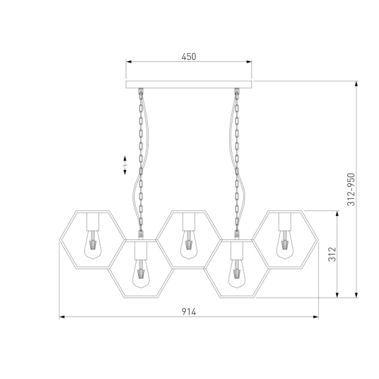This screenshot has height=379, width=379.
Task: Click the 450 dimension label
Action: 189,57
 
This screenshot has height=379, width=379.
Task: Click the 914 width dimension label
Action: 189,312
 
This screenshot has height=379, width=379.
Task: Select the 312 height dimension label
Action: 332,254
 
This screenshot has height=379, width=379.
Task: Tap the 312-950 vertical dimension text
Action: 351,189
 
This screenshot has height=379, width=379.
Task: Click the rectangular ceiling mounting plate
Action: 189,85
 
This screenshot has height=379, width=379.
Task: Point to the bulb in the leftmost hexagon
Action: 93,244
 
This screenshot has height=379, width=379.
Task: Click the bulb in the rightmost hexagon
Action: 285,244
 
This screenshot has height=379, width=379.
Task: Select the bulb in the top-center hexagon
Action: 189,244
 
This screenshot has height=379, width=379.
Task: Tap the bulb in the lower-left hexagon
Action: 141,274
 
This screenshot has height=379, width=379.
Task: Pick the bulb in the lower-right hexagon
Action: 237,274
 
